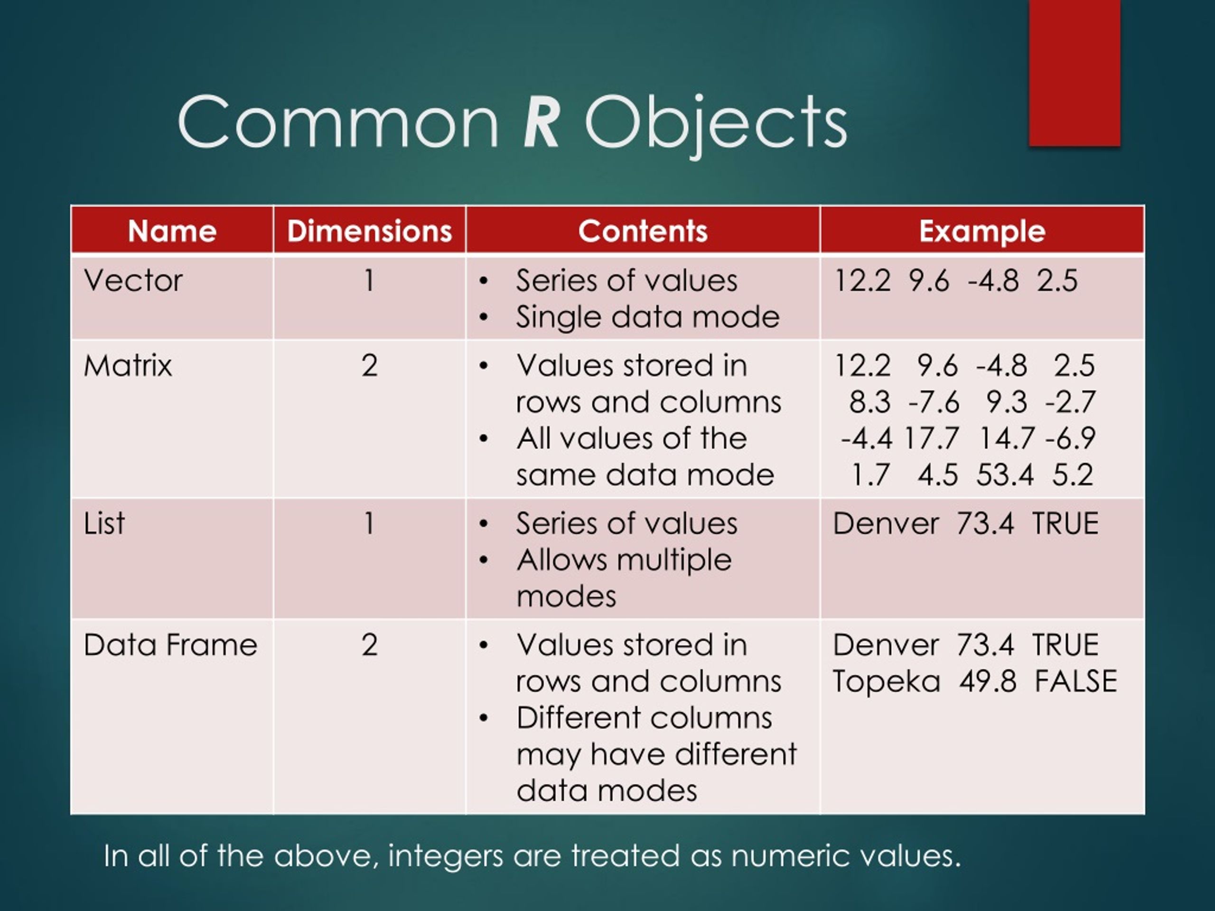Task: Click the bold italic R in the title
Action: pyautogui.click(x=542, y=122)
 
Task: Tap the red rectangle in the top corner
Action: pyautogui.click(x=1075, y=73)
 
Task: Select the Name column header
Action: pyautogui.click(x=172, y=231)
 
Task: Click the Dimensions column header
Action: pyautogui.click(x=369, y=231)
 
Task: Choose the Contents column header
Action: pyautogui.click(x=643, y=231)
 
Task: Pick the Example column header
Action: pyautogui.click(x=982, y=231)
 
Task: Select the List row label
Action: pyautogui.click(x=104, y=523)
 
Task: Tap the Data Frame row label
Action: pyautogui.click(x=170, y=645)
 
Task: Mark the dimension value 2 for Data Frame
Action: pyautogui.click(x=369, y=645)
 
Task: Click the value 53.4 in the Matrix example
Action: pyautogui.click(x=1005, y=475)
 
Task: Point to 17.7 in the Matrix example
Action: pyautogui.click(x=932, y=439)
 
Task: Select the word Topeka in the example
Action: pyautogui.click(x=886, y=681)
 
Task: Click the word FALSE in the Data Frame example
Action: pyautogui.click(x=1075, y=681)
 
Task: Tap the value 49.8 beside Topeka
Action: pyautogui.click(x=988, y=681)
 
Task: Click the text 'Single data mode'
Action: pyautogui.click(x=647, y=317)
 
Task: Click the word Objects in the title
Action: pyautogui.click(x=716, y=123)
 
